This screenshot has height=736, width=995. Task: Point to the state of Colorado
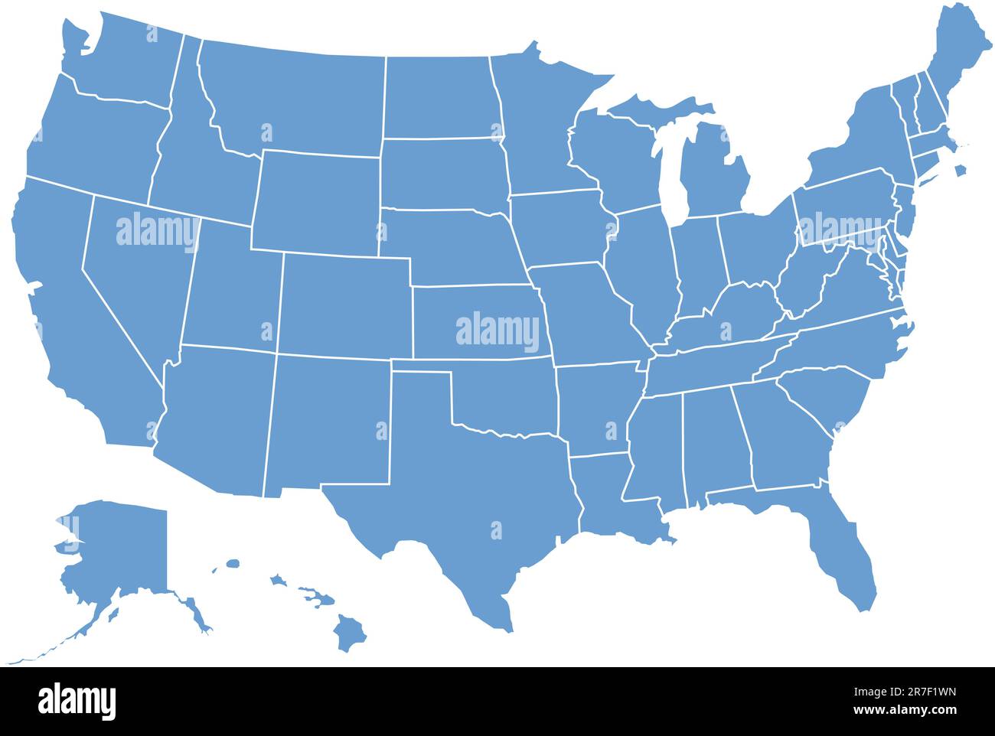tap(344, 306)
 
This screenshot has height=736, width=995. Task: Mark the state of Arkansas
tap(597, 409)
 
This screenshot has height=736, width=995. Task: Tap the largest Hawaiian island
tap(349, 633)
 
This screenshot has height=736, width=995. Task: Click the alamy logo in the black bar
tap(77, 701)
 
